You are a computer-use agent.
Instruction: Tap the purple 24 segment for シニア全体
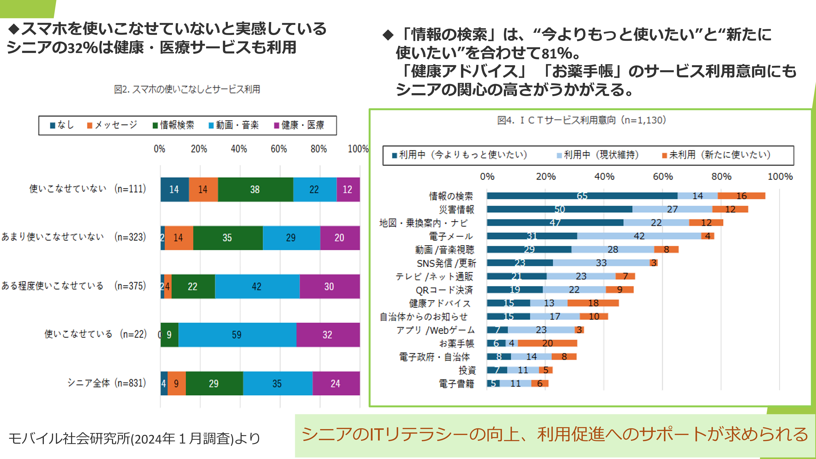coord(336,383)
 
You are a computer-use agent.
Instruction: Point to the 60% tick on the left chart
coord(279,149)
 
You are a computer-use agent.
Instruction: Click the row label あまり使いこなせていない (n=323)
coord(73,237)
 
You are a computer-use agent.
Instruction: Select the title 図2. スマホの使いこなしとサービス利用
coord(187,89)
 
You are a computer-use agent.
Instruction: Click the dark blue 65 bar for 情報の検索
coord(582,196)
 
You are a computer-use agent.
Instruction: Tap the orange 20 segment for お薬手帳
coord(547,343)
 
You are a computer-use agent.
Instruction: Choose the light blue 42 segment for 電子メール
coord(639,236)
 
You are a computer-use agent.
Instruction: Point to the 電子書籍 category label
coord(456,384)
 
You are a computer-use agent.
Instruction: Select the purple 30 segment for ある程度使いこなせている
coord(329,286)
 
